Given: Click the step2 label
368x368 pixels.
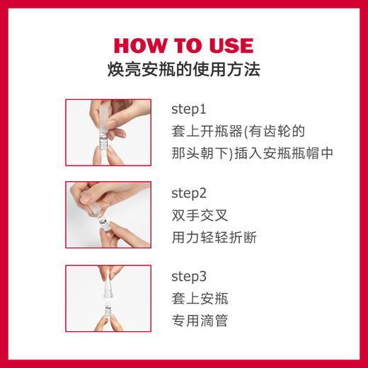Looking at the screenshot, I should (188, 192).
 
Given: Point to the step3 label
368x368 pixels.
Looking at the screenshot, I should (188, 275).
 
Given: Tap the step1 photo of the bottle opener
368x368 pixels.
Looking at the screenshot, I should (108, 132).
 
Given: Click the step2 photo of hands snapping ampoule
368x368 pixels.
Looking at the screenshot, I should (108, 214).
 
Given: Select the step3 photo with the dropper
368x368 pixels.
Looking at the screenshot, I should (108, 297).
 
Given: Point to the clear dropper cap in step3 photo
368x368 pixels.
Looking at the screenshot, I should (108, 286).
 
